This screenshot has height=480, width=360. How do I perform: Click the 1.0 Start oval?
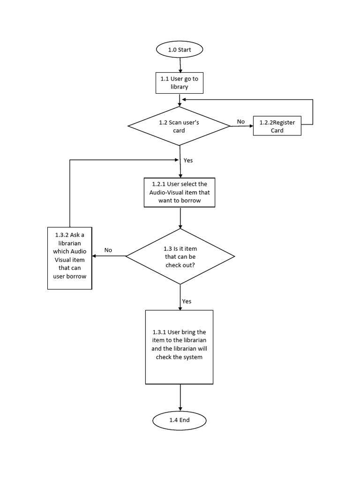point(180,49)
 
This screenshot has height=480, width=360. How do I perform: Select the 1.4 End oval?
point(180,420)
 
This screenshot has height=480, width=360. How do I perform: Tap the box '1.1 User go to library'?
point(180,83)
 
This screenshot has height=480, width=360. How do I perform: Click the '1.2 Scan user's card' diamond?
point(180,126)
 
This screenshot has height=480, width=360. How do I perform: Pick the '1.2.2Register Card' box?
point(277,126)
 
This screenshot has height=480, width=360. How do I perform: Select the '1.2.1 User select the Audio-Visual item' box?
point(180,192)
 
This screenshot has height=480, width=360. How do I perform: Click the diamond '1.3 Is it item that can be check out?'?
point(180,256)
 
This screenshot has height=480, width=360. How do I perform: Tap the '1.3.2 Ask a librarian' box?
point(70,257)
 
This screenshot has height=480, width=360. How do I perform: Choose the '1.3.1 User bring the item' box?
point(180,346)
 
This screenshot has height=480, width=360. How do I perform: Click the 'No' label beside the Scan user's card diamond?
point(241,122)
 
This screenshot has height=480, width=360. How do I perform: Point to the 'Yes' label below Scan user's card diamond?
point(188,160)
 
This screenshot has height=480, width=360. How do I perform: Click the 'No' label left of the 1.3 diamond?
point(108,250)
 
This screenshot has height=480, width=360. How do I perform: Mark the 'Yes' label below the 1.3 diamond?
point(187,301)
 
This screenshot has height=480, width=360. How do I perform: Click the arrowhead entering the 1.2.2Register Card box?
point(250,126)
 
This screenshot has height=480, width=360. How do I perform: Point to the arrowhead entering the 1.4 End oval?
point(180,409)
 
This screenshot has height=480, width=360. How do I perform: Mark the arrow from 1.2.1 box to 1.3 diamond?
point(180,217)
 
